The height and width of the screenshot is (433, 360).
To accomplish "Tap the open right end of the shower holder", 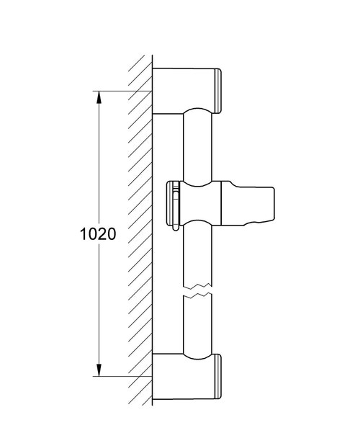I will (274, 206).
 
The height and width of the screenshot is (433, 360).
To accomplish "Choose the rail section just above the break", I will (199, 263).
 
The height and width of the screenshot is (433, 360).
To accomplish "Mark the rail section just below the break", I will (199, 324).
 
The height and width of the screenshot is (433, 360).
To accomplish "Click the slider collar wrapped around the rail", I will (199, 206).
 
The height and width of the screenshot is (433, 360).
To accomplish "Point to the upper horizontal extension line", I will (122, 91).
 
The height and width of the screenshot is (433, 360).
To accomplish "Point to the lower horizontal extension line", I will (122, 375).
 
